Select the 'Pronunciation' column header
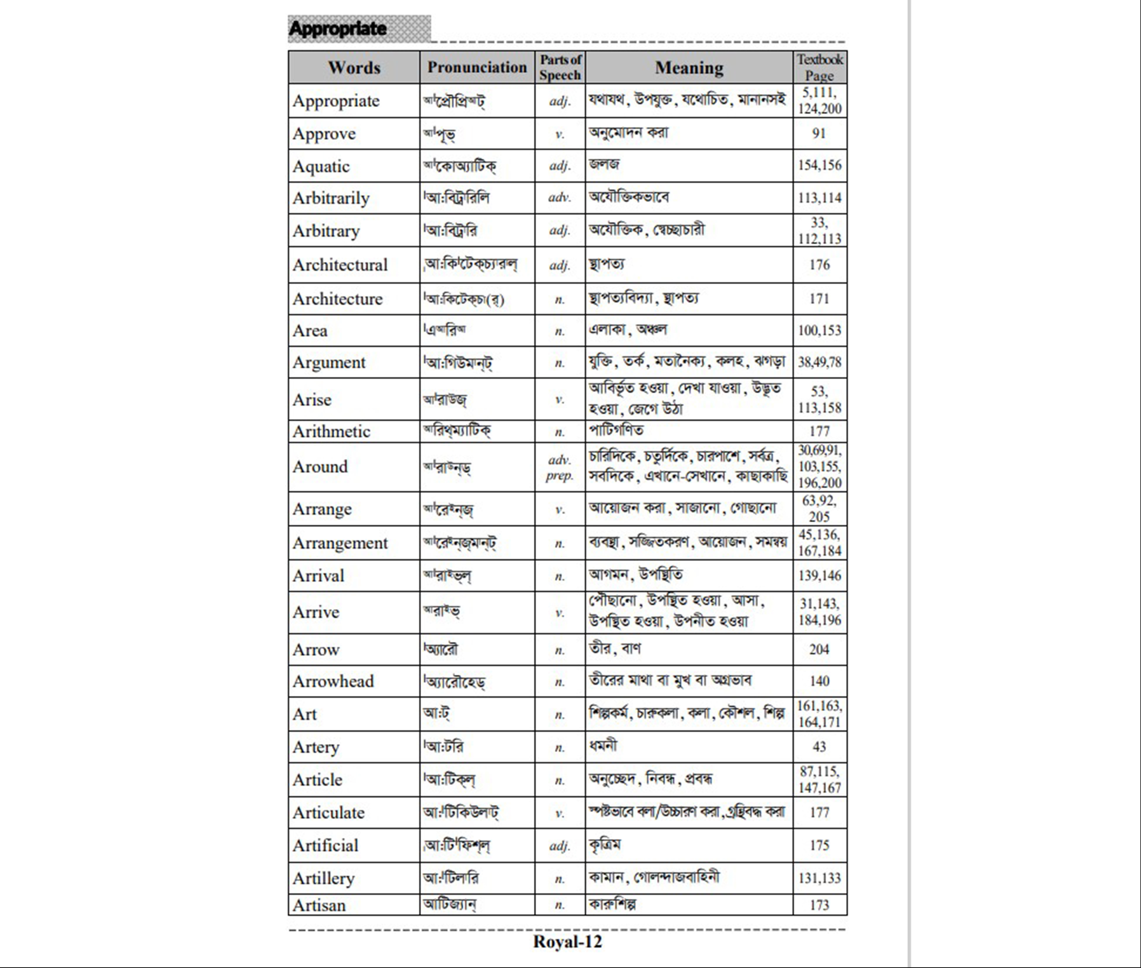(477, 67)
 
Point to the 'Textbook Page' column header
(819, 67)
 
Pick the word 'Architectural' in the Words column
(340, 264)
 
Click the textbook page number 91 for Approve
(819, 133)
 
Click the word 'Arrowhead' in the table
(333, 681)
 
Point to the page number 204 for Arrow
(819, 649)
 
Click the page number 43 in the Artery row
(819, 746)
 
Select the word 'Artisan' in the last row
(319, 905)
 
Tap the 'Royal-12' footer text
(567, 942)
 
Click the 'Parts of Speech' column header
(560, 67)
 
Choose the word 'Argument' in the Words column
(329, 362)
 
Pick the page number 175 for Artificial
(819, 845)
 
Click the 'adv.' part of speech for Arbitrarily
(559, 198)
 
